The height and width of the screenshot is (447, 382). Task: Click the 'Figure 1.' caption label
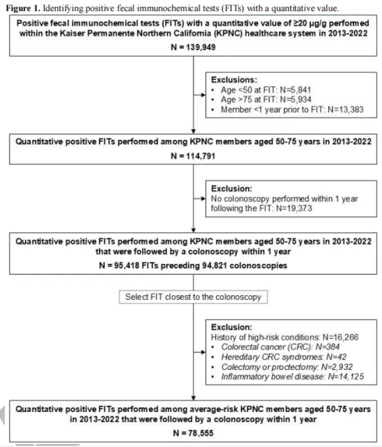[x=21, y=5]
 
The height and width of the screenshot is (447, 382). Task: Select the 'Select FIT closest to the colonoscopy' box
[x=192, y=296]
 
